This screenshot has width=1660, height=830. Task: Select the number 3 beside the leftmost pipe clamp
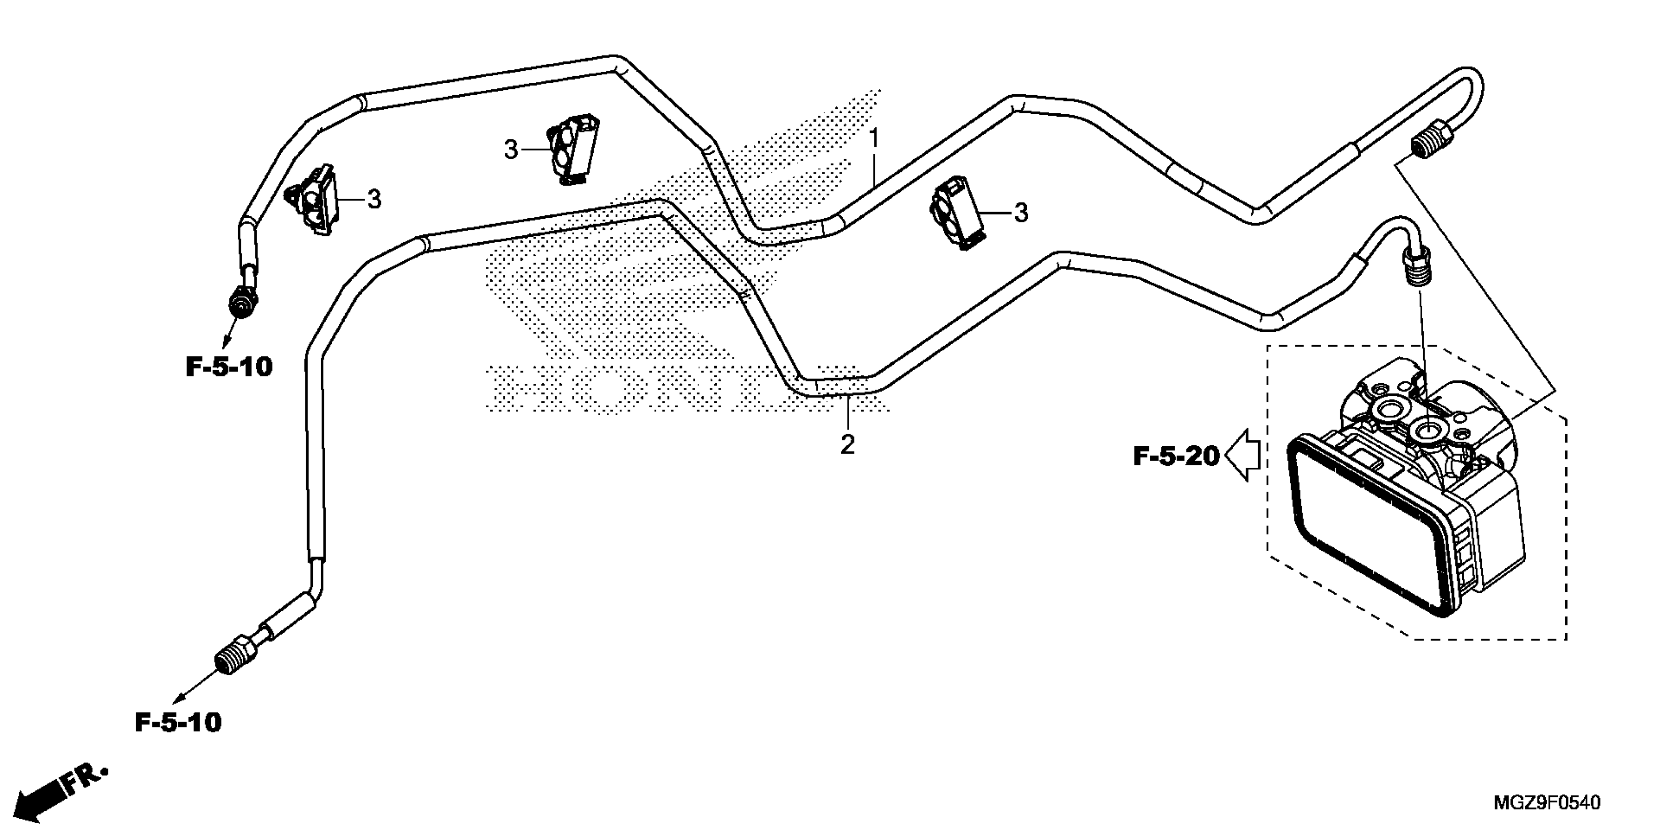click(x=374, y=199)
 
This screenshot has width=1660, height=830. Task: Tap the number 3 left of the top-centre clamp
click(x=510, y=151)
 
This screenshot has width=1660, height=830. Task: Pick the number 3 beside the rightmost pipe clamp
click(x=1021, y=213)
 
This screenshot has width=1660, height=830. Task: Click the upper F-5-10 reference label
click(x=229, y=367)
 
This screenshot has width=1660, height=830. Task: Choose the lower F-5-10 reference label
click(x=178, y=723)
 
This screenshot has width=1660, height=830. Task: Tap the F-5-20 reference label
click(x=1176, y=457)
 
